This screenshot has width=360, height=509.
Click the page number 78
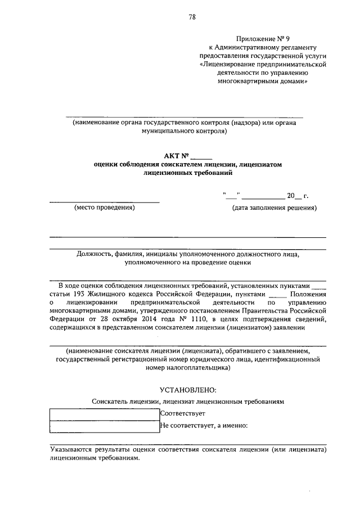pyautogui.click(x=192, y=18)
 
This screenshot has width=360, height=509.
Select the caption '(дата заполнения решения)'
pyautogui.click(x=274, y=208)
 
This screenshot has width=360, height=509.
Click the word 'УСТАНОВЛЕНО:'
pyautogui.click(x=188, y=390)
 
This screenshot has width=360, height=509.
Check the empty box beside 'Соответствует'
pyautogui.click(x=105, y=414)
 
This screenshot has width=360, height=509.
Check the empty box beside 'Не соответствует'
pyautogui.click(x=105, y=426)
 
